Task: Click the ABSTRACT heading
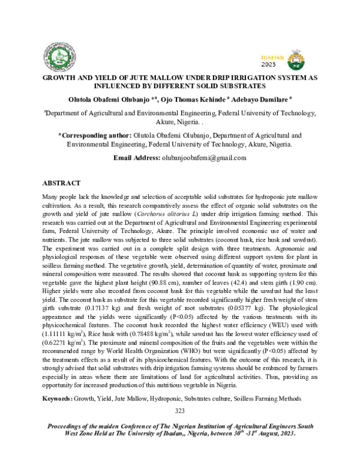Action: (61, 183)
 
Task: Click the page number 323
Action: (179, 411)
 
